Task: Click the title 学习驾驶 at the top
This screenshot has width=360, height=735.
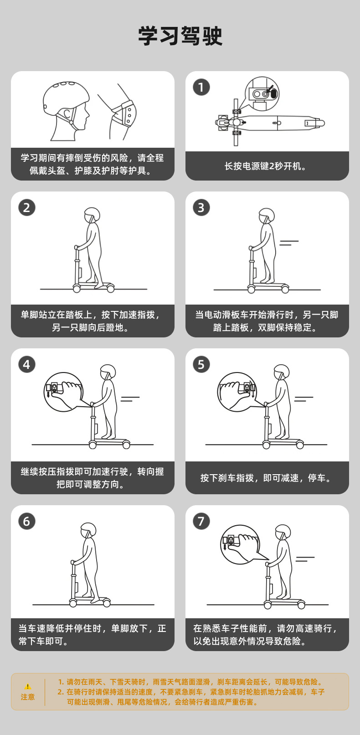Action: [x=180, y=36]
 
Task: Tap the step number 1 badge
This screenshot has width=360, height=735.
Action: [x=201, y=87]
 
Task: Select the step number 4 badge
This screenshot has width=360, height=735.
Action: [x=26, y=364]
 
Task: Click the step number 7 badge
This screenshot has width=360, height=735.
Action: [x=201, y=521]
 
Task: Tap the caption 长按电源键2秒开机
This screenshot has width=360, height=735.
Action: [x=267, y=166]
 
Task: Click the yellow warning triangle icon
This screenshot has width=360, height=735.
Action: [x=28, y=687]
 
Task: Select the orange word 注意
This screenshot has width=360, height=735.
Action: [x=28, y=697]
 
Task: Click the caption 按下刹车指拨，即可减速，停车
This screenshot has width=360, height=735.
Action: [x=267, y=478]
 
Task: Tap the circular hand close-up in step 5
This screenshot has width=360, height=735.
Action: [x=237, y=392]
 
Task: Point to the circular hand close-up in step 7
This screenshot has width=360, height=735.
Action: [x=240, y=544]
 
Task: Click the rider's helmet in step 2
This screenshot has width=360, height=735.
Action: [x=92, y=215]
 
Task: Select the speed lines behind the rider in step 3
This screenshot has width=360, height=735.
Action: [x=289, y=243]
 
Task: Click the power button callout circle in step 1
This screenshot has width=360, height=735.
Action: [x=262, y=93]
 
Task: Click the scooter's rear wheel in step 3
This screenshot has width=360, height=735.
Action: [x=285, y=290]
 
